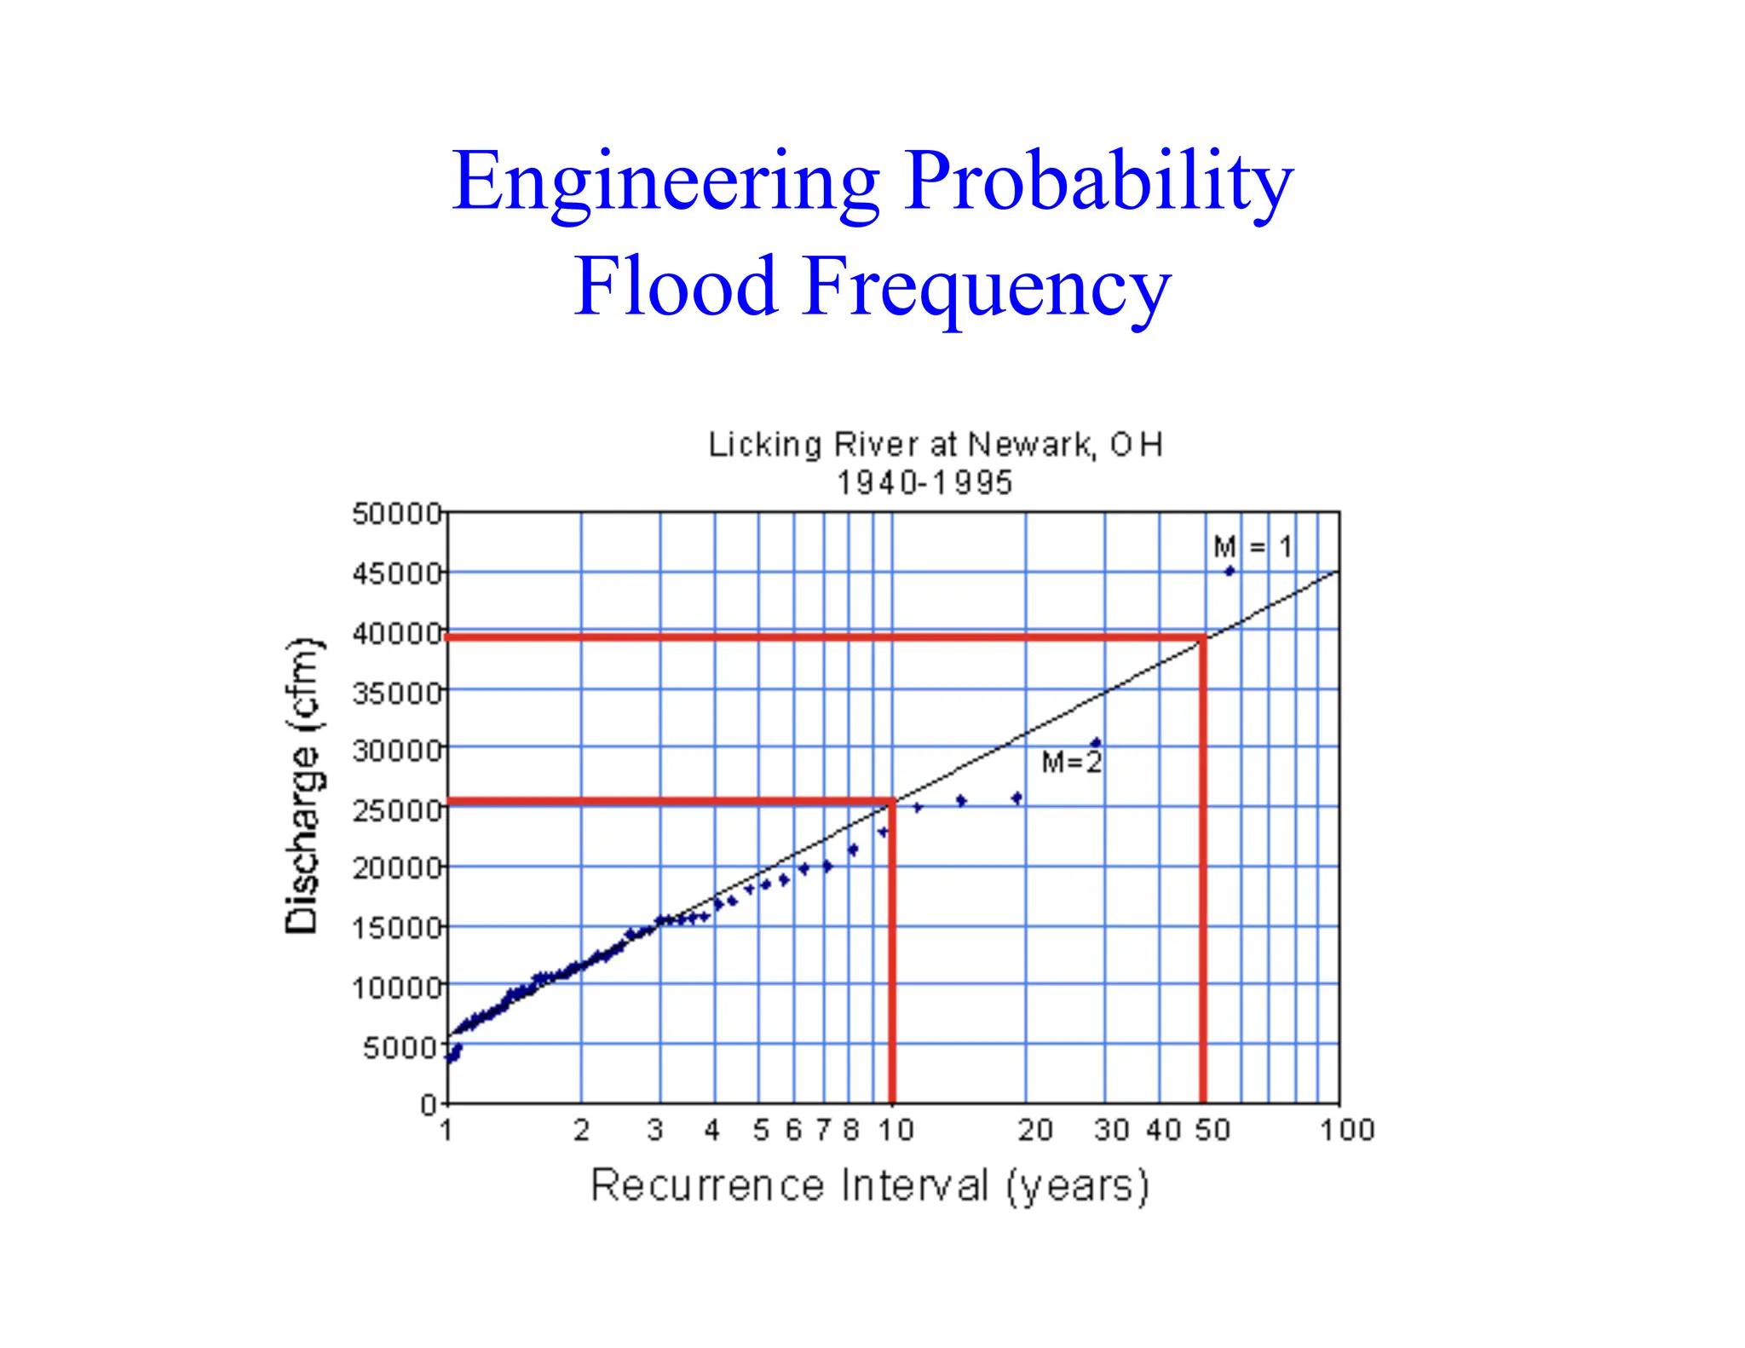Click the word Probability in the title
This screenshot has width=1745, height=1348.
click(x=1098, y=182)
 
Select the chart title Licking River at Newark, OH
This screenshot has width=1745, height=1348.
click(x=936, y=445)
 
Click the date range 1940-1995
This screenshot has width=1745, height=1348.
click(x=924, y=483)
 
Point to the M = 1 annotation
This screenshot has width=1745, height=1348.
click(x=1253, y=546)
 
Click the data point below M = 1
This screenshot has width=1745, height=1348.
click(x=1229, y=572)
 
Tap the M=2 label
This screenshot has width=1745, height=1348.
click(x=1072, y=762)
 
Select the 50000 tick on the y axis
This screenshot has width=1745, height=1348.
click(x=397, y=514)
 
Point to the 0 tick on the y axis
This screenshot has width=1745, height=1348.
click(x=429, y=1105)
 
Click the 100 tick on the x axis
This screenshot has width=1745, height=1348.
click(x=1347, y=1131)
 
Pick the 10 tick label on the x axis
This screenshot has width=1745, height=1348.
click(x=896, y=1131)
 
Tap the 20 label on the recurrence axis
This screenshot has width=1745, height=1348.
click(x=1035, y=1131)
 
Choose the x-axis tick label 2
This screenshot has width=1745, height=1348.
click(x=581, y=1131)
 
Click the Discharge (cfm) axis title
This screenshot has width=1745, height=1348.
click(x=302, y=785)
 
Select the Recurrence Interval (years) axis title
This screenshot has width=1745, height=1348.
click(x=870, y=1185)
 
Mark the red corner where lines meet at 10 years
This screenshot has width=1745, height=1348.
click(x=892, y=802)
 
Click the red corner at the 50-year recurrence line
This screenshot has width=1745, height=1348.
click(x=1202, y=637)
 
